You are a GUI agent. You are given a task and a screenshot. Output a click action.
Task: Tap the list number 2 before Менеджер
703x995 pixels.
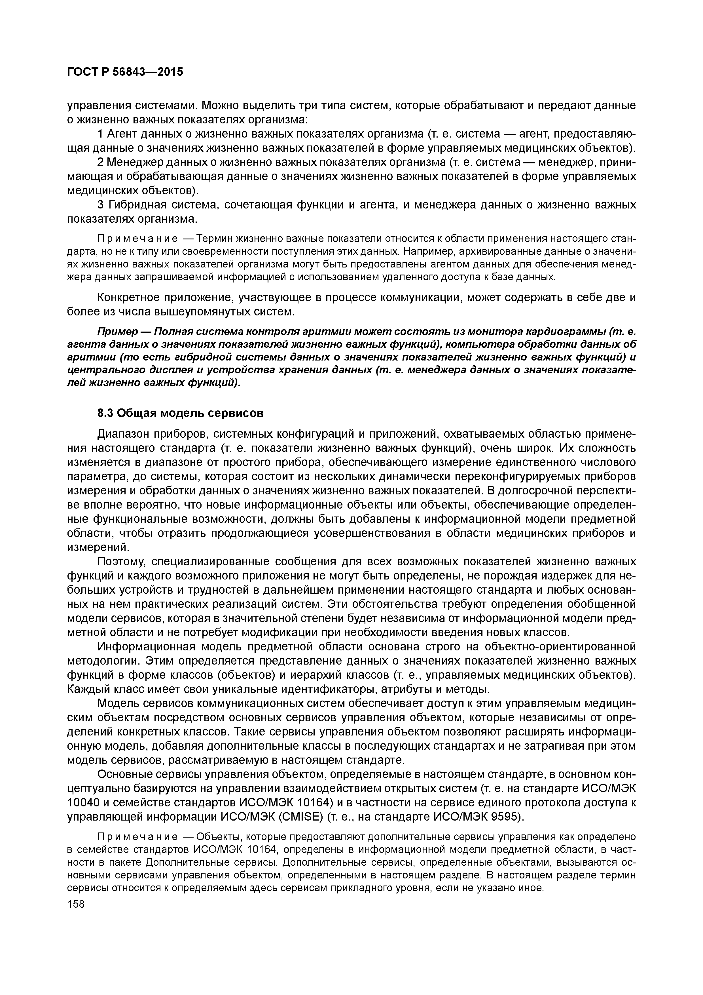tap(101, 162)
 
